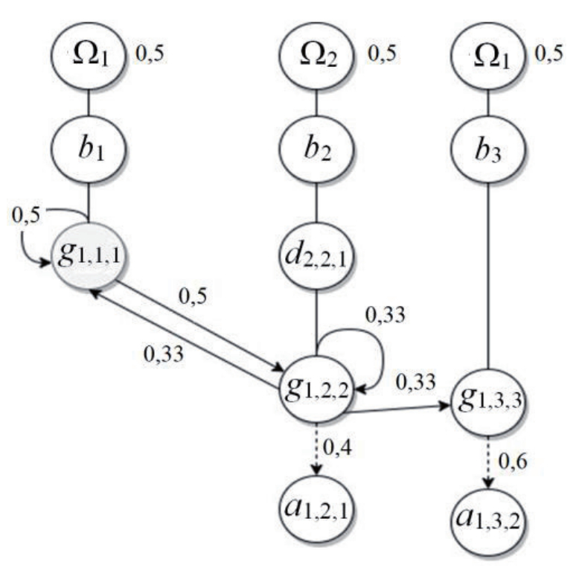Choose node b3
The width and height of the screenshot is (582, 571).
(x=487, y=155)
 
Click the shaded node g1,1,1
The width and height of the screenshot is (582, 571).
(x=89, y=256)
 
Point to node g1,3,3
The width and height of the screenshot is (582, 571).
(x=487, y=403)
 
